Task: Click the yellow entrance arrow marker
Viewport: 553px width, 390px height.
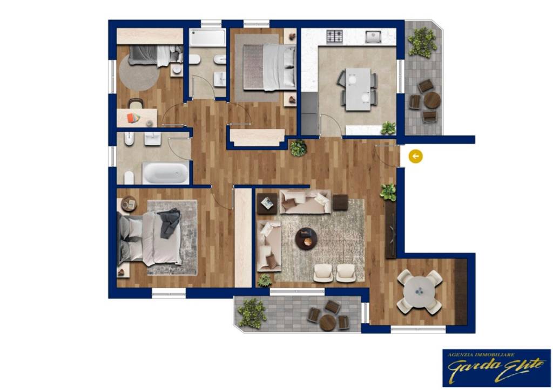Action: (x=415, y=156)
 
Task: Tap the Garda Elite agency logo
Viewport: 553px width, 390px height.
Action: (x=496, y=367)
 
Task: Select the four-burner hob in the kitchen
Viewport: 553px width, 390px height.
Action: (x=335, y=37)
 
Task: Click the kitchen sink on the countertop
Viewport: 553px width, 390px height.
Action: (x=373, y=37)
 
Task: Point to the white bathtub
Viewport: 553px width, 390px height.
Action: (x=166, y=173)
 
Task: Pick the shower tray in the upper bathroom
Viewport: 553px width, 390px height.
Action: (x=207, y=38)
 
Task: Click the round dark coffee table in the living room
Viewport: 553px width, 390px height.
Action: (x=306, y=238)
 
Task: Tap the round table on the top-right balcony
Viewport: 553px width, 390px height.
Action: (x=432, y=100)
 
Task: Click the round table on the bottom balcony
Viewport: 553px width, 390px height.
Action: (x=328, y=321)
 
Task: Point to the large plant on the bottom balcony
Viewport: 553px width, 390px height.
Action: (x=252, y=312)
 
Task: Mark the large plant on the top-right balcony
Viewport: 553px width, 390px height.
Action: (x=422, y=42)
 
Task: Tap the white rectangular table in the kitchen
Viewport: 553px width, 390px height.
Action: (x=358, y=89)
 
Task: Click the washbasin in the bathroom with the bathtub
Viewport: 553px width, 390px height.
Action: (x=153, y=140)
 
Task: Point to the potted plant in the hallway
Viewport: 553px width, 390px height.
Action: (x=298, y=148)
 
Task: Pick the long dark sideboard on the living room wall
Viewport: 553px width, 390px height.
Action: (x=390, y=229)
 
